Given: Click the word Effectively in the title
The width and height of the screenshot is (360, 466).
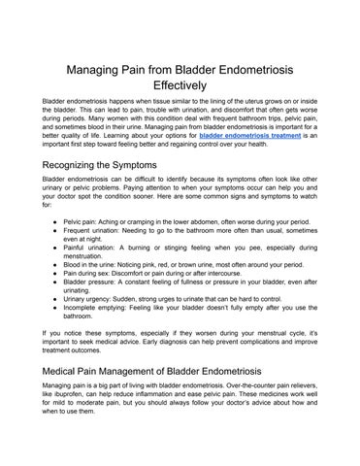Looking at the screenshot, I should (x=180, y=84).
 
